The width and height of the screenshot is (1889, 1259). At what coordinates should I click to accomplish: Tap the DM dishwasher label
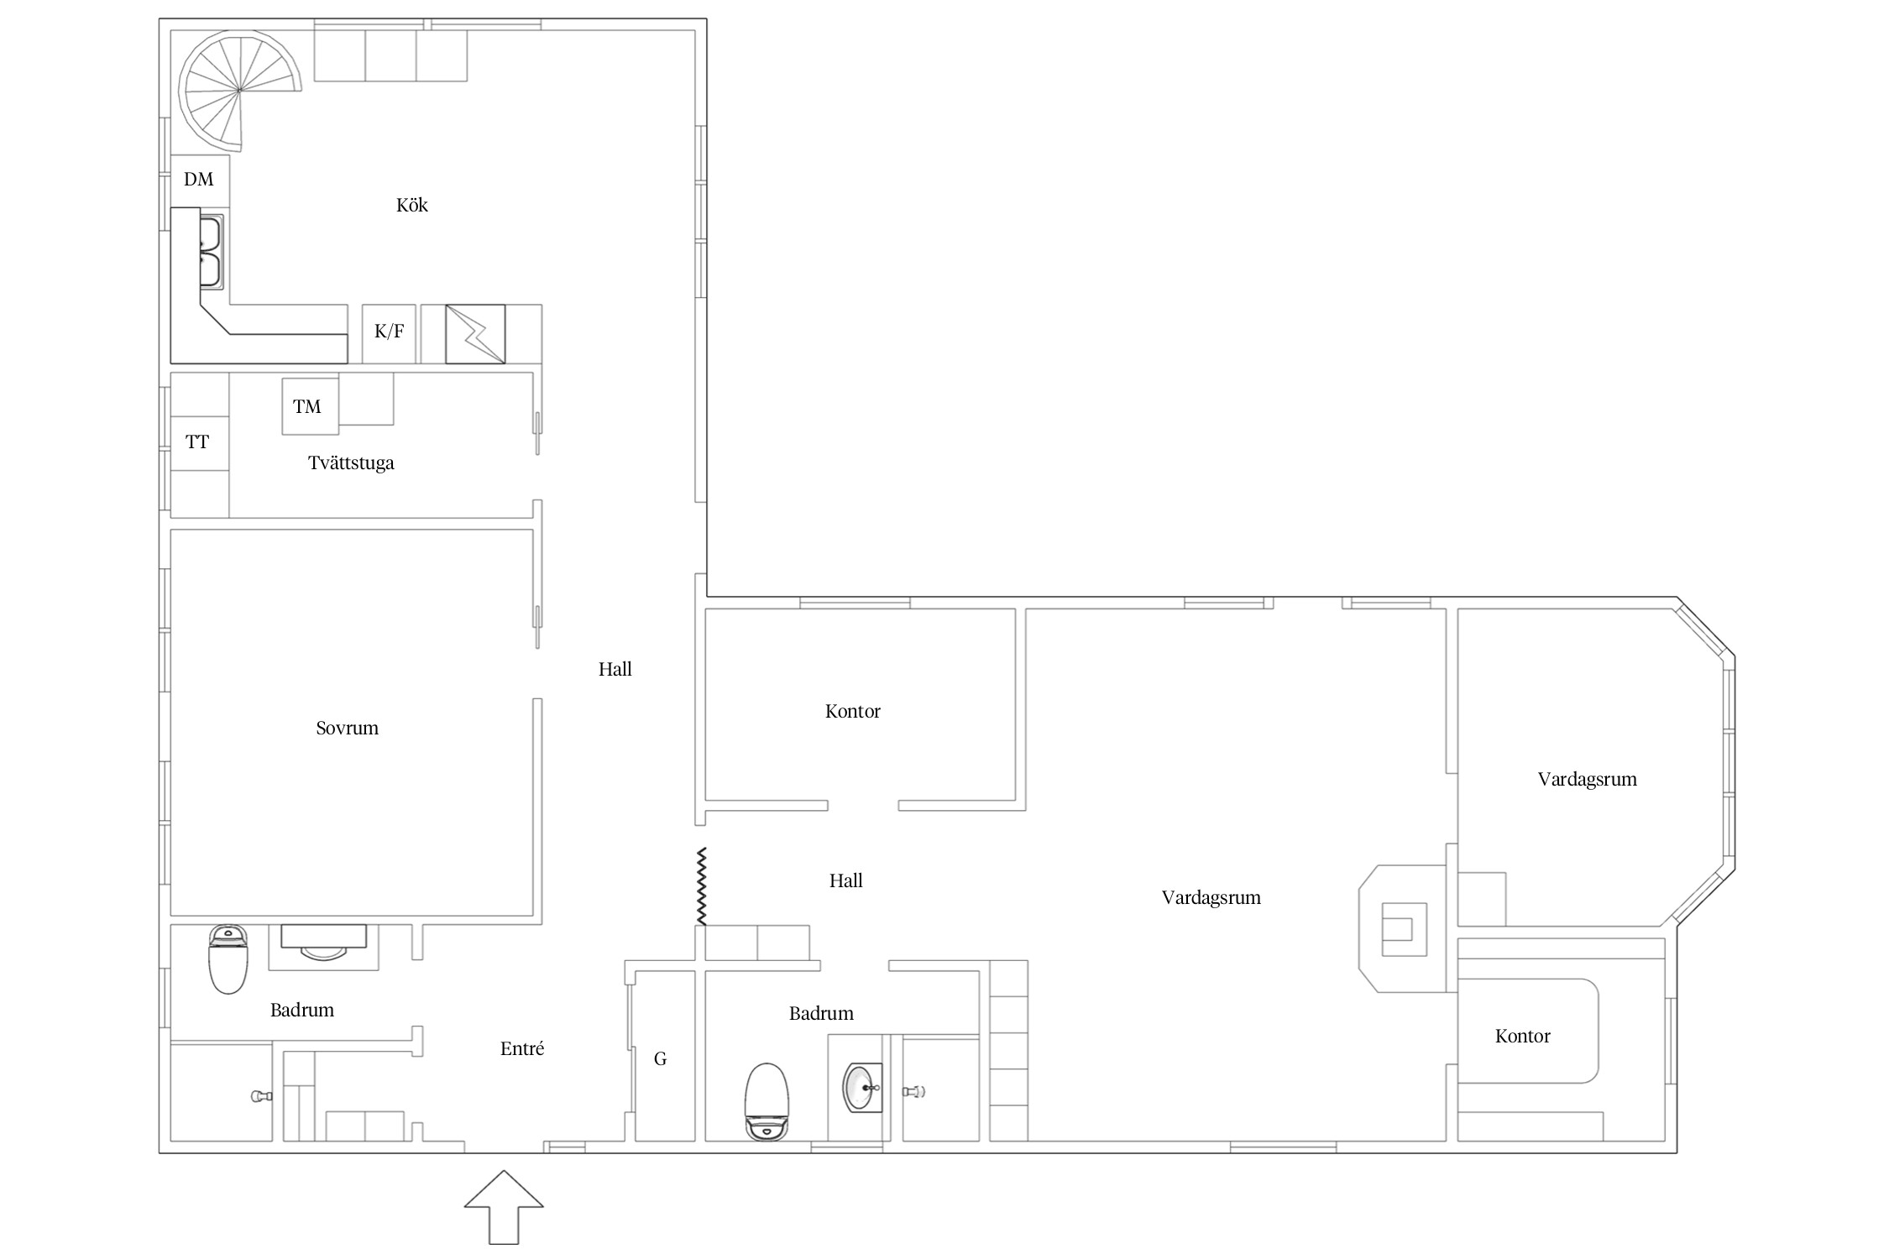click(x=199, y=179)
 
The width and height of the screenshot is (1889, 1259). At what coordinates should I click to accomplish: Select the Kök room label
click(x=412, y=205)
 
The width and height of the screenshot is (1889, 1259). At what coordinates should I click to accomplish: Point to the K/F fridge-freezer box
click(x=389, y=333)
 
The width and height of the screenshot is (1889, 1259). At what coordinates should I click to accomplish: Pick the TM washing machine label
click(x=307, y=407)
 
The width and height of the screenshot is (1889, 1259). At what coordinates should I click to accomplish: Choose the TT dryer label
click(x=197, y=442)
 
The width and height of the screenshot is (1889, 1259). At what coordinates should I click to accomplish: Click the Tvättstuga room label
click(x=351, y=463)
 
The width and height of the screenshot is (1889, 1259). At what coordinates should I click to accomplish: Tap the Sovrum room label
click(x=348, y=728)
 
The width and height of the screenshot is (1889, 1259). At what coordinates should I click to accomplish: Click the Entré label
click(x=522, y=1048)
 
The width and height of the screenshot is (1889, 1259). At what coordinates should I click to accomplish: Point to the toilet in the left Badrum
click(x=228, y=959)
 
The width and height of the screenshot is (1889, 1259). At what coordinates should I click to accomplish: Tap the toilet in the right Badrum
click(x=767, y=1102)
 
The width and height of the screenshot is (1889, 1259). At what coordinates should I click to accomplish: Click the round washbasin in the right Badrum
click(x=862, y=1088)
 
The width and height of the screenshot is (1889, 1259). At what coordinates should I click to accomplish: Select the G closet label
click(x=661, y=1059)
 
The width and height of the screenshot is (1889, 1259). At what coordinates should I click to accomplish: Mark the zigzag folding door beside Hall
click(x=701, y=886)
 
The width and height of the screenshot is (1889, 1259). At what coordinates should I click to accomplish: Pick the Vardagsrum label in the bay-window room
click(x=1587, y=779)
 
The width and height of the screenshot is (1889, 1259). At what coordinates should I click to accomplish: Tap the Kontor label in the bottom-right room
click(x=1522, y=1036)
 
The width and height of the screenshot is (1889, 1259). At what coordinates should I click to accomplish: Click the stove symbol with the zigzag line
click(x=475, y=334)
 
